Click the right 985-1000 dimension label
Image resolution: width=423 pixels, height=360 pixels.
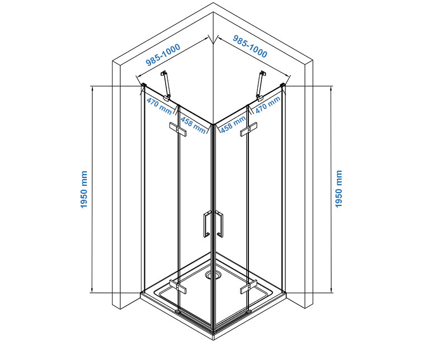click(x=250, y=46)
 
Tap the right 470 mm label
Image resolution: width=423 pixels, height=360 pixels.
click(x=267, y=105)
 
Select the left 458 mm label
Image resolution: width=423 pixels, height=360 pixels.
click(x=192, y=126)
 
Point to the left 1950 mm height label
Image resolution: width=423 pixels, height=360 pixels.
click(x=84, y=190)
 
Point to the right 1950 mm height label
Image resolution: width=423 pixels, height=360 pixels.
click(x=339, y=189)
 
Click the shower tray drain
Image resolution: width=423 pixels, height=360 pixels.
click(x=212, y=275)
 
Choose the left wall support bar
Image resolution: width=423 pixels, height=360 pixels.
click(x=166, y=85)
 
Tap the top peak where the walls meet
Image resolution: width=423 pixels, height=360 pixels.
click(x=213, y=4)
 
